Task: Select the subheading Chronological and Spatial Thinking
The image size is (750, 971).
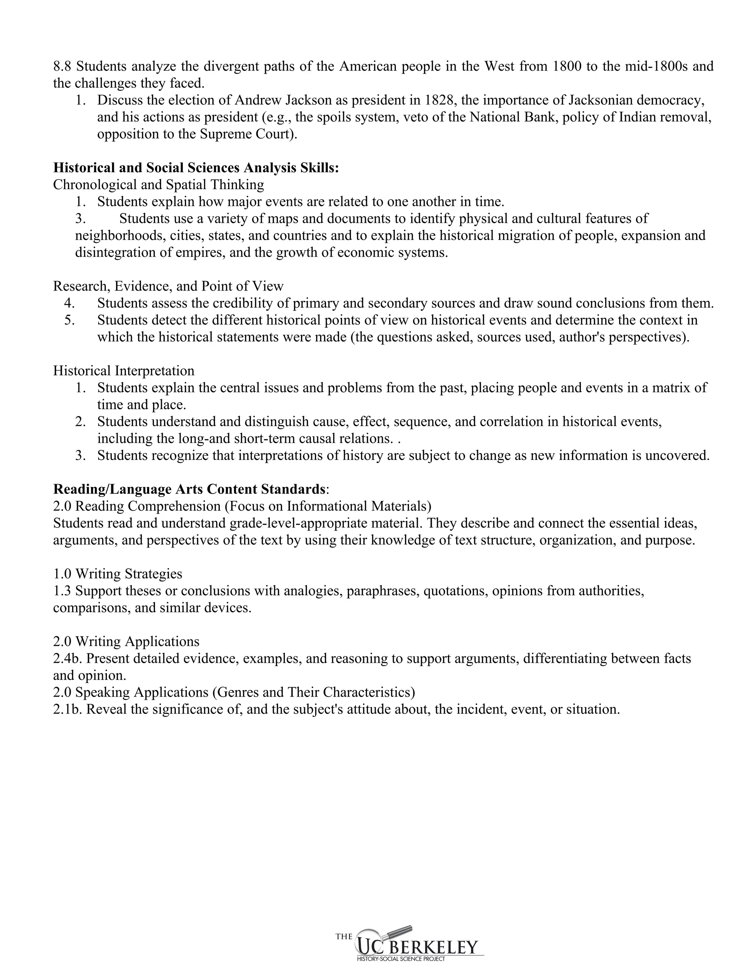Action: [x=158, y=185]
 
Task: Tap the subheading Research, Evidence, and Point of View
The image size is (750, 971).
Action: [x=168, y=286]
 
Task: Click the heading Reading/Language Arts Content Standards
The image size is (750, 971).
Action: [x=189, y=489]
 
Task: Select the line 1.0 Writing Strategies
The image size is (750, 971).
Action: [x=118, y=573]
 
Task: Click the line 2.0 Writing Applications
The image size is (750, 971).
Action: [x=126, y=641]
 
